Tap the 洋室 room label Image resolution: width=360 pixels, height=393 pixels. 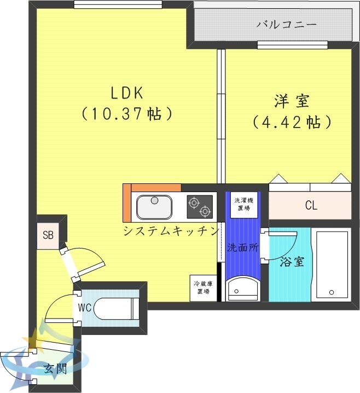click(x=292, y=101)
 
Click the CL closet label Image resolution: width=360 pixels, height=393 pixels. click(x=311, y=206)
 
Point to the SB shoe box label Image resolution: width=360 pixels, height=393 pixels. click(x=48, y=236)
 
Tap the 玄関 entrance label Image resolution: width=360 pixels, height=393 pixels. click(x=54, y=368)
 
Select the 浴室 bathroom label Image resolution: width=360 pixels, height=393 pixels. click(x=292, y=262)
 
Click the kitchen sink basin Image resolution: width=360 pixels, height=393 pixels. click(x=155, y=206)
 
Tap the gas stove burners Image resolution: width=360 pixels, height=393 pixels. click(x=199, y=206)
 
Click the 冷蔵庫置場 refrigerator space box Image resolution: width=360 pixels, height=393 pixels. click(x=203, y=287)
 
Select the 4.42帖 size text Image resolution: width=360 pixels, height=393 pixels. click(x=292, y=122)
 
